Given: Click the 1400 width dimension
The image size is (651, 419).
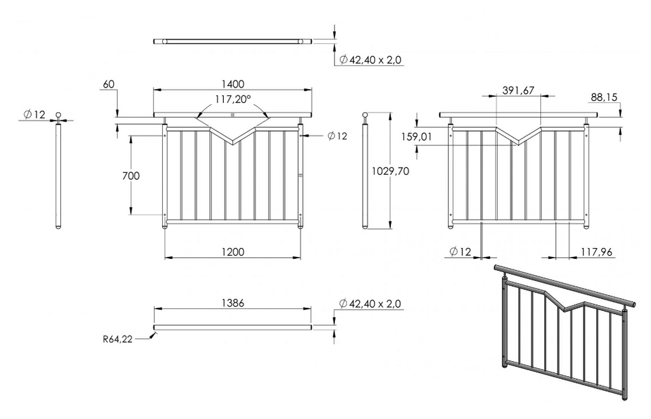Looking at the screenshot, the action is click(233, 85).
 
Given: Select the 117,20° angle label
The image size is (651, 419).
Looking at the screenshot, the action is click(233, 99).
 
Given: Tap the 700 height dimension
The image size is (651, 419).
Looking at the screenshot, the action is click(131, 175).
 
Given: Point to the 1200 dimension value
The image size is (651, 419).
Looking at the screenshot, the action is click(233, 252).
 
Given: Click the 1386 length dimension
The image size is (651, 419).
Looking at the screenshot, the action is click(233, 303).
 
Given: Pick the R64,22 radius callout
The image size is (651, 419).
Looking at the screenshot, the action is click(118, 340).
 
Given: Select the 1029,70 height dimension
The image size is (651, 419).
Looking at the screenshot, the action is click(390, 171).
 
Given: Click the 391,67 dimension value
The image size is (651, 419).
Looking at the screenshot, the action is click(518, 90).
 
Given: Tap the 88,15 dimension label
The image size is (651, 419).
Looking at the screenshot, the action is click(604, 97).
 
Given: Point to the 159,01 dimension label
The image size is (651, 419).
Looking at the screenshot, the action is click(416, 137).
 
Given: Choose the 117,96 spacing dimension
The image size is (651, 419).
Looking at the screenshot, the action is click(596, 252).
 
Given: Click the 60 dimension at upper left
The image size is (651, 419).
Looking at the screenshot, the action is click(108, 85).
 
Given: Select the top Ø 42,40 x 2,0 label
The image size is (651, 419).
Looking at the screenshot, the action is click(371, 60).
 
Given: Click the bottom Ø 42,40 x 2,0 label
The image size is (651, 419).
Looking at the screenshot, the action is click(371, 303).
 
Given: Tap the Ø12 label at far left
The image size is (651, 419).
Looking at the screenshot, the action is click(34, 114).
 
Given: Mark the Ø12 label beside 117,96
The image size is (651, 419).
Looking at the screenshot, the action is click(460, 251).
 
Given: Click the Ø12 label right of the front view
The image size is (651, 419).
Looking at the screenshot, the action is click(337, 136).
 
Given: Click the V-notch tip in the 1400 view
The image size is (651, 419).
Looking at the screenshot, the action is click(233, 144).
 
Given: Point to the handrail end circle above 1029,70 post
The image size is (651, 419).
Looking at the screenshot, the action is click(366, 115).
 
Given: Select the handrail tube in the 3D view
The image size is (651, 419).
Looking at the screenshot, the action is click(565, 285).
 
